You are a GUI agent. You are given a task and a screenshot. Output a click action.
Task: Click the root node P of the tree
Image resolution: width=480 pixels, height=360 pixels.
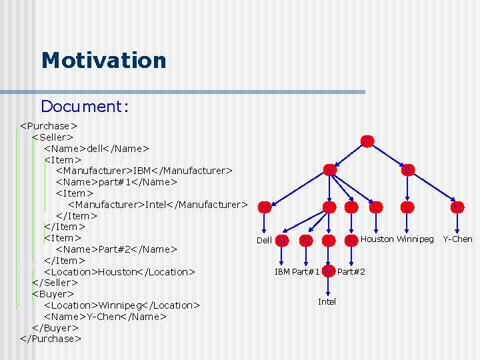[367, 141]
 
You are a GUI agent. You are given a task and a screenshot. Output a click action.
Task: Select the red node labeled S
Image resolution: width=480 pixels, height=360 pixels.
[329, 170]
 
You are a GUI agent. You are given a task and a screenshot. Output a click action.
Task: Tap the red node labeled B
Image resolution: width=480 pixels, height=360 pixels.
[407, 170]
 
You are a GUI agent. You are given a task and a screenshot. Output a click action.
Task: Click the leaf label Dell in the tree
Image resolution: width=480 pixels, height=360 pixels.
[264, 240]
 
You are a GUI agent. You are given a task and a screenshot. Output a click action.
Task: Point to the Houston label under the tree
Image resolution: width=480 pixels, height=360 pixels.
[377, 239]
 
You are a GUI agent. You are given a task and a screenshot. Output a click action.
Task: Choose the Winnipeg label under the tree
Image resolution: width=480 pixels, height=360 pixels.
[415, 239]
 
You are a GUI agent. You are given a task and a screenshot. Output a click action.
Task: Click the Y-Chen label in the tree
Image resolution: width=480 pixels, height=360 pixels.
[457, 239]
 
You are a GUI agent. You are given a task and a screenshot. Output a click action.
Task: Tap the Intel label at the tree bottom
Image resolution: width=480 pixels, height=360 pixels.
[327, 302]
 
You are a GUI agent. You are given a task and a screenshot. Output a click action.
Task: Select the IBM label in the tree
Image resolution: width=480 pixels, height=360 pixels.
[282, 271]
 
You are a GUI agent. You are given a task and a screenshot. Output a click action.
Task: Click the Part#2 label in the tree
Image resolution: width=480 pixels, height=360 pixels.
[351, 271]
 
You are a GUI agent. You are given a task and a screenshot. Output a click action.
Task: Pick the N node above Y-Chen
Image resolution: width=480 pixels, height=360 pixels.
[457, 207]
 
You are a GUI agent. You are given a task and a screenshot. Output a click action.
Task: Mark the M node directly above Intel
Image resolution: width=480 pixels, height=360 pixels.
[328, 271]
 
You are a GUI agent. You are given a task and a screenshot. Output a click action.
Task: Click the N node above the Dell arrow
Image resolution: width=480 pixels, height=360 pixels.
[265, 207]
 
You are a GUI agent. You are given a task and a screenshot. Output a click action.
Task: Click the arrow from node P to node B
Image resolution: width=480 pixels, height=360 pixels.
[387, 155]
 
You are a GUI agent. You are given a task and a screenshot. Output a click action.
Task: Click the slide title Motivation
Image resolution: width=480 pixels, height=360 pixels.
[103, 61]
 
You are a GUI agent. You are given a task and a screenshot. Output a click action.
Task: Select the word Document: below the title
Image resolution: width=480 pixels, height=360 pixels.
[84, 106]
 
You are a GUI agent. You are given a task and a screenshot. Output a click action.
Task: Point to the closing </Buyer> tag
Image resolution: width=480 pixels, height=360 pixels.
[55, 327]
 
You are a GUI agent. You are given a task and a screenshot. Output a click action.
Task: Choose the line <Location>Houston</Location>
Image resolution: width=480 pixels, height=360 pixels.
[119, 271]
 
